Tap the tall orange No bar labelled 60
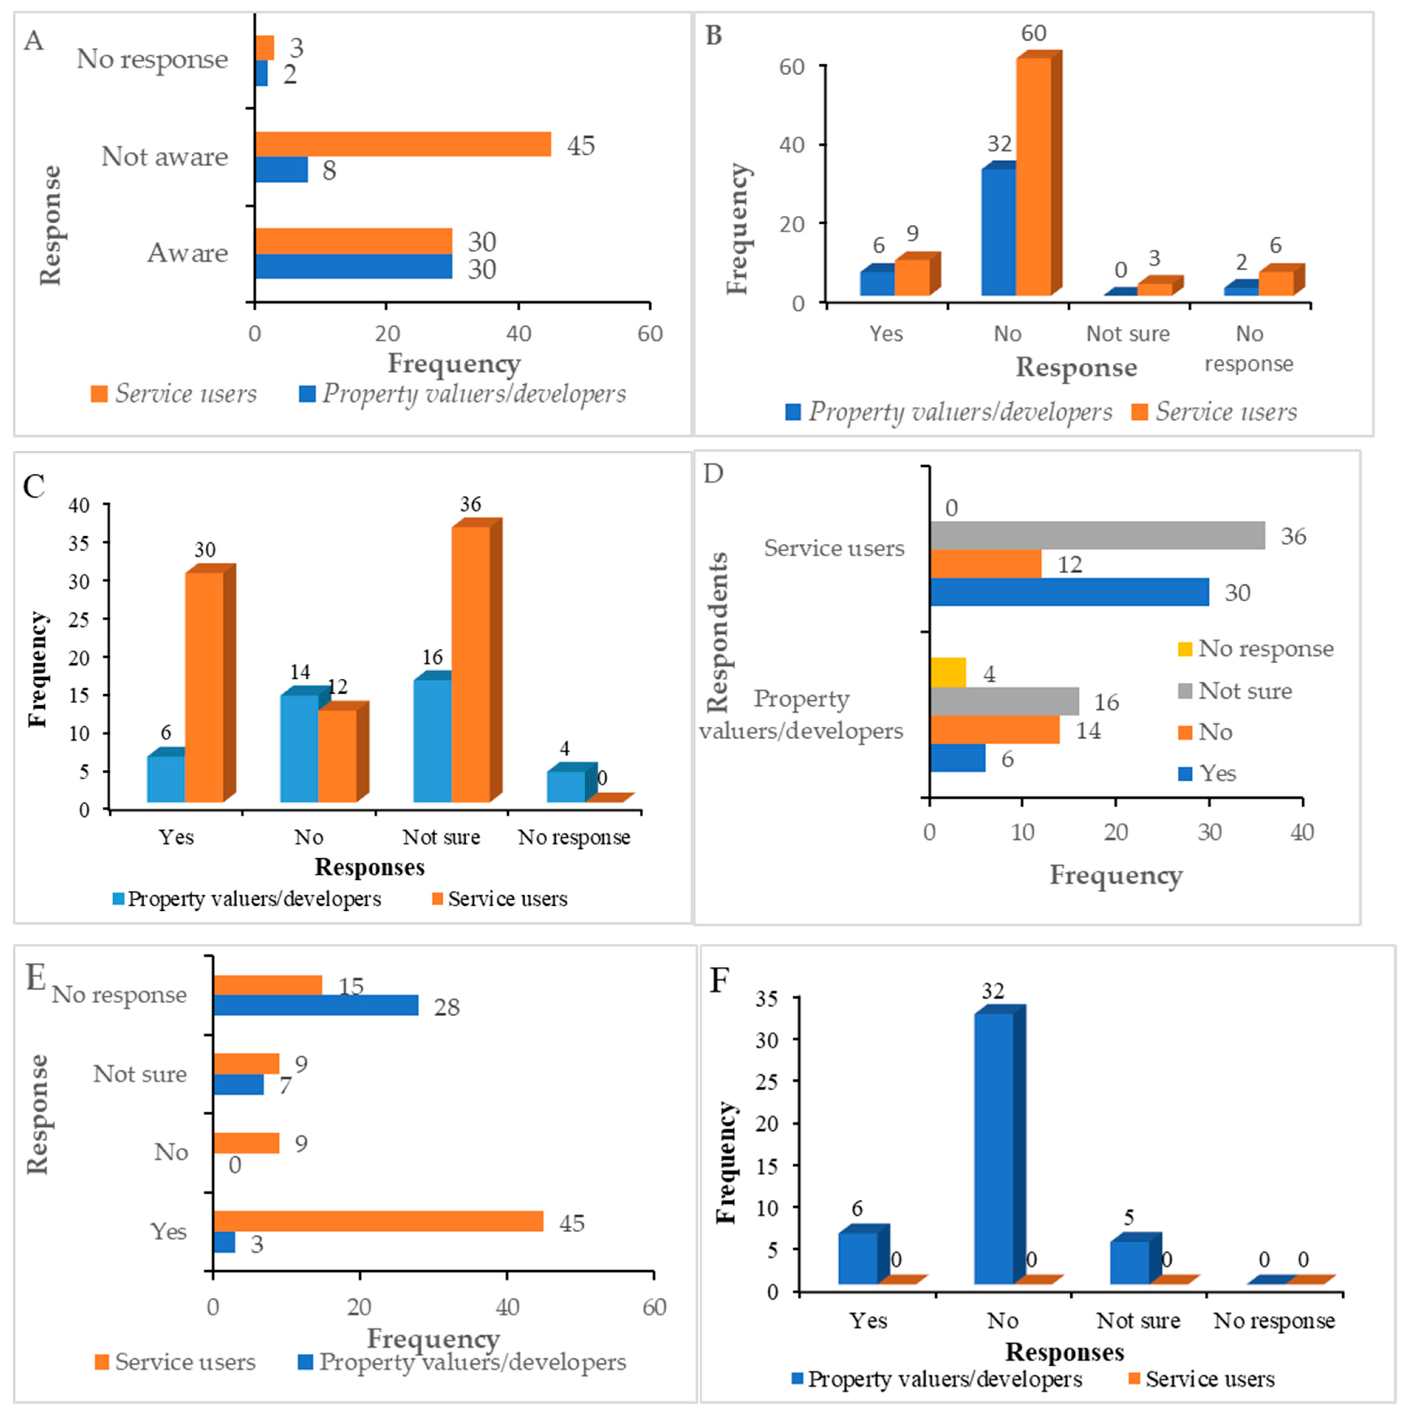pos(1033,176)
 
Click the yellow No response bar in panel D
pos(948,672)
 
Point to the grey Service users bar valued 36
pos(1097,535)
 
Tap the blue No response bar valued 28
pos(316,1005)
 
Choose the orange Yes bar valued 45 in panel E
pos(378,1221)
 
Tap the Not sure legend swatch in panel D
pos(1185,691)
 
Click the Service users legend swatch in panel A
pos(99,394)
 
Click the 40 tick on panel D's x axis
pos(1302,833)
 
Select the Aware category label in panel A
pos(188,253)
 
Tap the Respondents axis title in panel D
pos(718,632)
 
